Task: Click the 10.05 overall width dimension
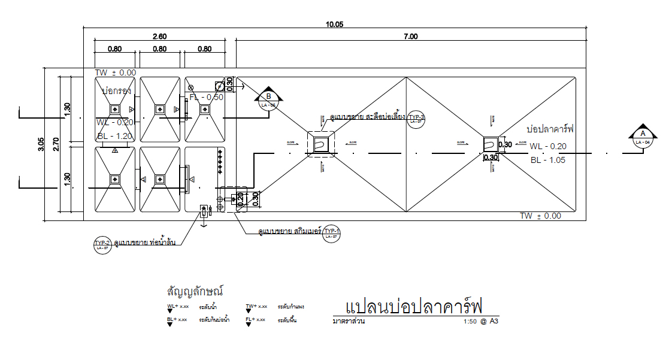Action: pyautogui.click(x=334, y=25)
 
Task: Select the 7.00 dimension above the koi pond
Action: pyautogui.click(x=410, y=37)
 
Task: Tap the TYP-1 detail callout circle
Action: pyautogui.click(x=331, y=232)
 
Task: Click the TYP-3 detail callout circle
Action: pyautogui.click(x=416, y=119)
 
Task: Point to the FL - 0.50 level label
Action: pyautogui.click(x=207, y=97)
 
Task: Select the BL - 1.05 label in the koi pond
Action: pyautogui.click(x=549, y=160)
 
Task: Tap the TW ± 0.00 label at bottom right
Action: pyautogui.click(x=540, y=216)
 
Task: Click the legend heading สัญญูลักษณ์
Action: pyautogui.click(x=195, y=292)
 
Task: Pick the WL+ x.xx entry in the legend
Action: pyautogui.click(x=178, y=307)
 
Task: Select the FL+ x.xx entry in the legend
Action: pyautogui.click(x=256, y=320)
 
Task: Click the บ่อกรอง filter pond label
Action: pyautogui.click(x=116, y=92)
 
